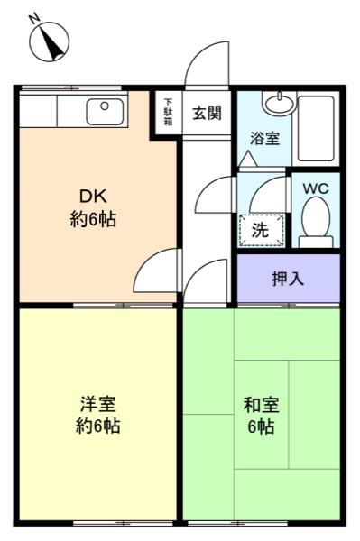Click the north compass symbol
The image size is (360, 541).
tap(50, 40)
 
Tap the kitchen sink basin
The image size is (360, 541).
tap(105, 112)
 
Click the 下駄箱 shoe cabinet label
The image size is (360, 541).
tap(168, 112)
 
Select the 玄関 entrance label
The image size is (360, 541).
tap(207, 113)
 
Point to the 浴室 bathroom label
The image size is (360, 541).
tap(264, 138)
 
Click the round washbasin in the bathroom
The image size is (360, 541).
tap(280, 103)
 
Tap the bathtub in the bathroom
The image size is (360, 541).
tap(316, 128)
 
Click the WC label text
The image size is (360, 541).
tap(316, 188)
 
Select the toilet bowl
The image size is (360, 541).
tap(316, 222)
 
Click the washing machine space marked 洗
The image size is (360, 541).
tap(262, 230)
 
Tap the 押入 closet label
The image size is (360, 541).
tap(288, 278)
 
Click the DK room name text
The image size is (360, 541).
tap(93, 197)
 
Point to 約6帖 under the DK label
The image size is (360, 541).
tap(93, 219)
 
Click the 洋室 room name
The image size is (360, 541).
tap(98, 404)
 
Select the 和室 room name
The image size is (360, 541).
tap(262, 405)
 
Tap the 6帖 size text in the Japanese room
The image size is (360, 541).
tap(262, 426)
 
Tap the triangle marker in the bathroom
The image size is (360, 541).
tap(248, 159)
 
